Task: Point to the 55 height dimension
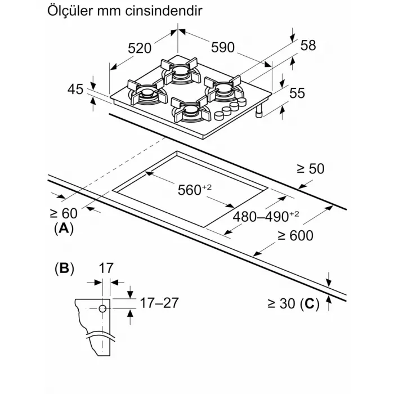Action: pyautogui.click(x=297, y=94)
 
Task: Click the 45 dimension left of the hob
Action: pyautogui.click(x=75, y=89)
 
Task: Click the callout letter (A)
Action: pyautogui.click(x=64, y=229)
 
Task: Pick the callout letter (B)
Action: pyautogui.click(x=64, y=268)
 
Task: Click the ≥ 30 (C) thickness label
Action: pyautogui.click(x=293, y=305)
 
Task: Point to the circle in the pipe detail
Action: pyautogui.click(x=102, y=308)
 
